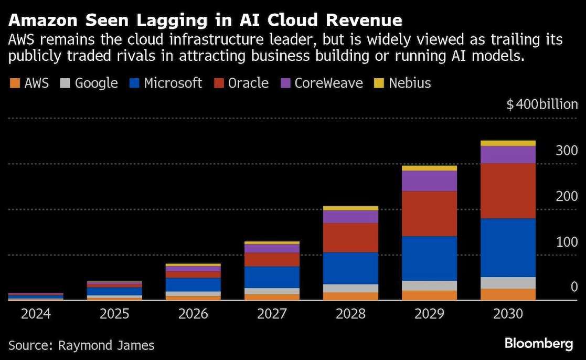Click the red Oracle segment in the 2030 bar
508,190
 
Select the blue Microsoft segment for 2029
429,258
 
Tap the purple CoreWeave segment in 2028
350,217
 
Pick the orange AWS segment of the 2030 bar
508,294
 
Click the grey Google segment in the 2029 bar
429,285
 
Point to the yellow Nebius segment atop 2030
508,143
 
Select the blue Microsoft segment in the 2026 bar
193,284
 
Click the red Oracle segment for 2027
272,260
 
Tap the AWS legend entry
29,83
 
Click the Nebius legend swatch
378,83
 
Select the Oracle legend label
242,83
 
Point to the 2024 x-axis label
36,314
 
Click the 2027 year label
272,314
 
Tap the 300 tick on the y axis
567,151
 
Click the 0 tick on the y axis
574,287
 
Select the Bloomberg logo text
539,344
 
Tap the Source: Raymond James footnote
81,345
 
